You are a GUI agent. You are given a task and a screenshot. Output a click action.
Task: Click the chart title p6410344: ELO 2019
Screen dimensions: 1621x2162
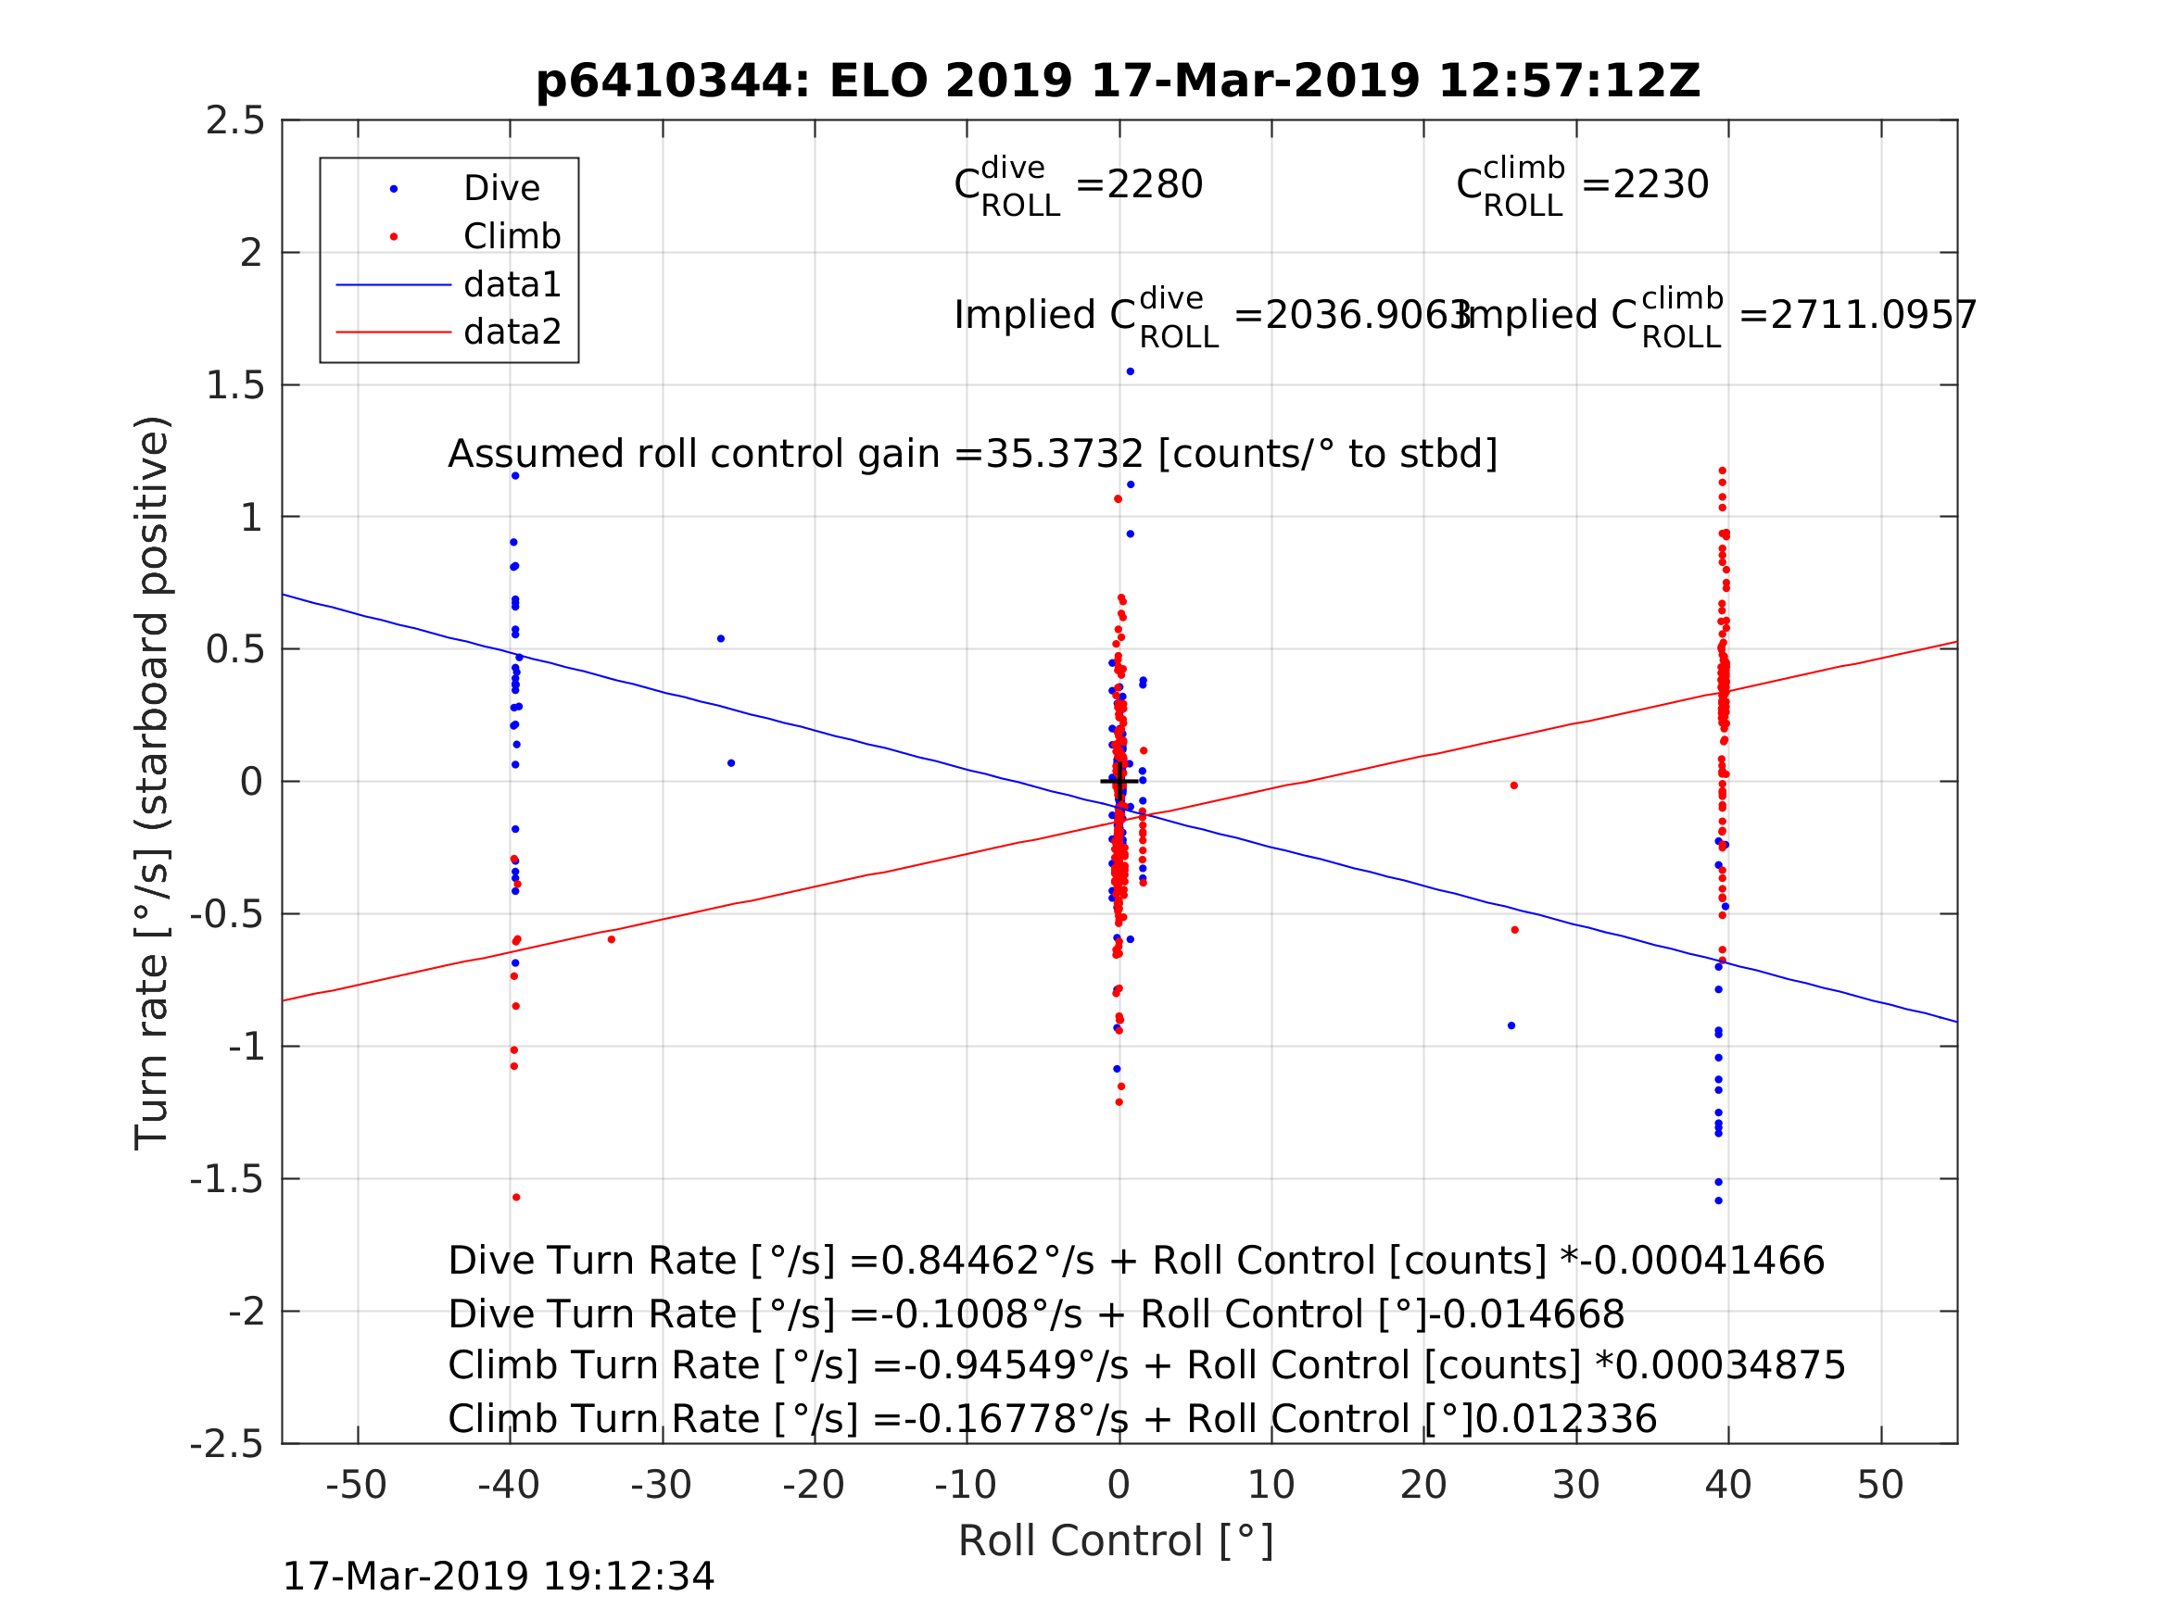(x=1119, y=82)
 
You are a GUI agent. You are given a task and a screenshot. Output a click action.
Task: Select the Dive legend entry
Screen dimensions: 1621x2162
(x=501, y=189)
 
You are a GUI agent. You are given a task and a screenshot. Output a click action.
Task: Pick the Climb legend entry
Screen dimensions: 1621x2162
(x=512, y=236)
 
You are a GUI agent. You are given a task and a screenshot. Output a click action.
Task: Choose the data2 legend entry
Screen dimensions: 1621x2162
(x=512, y=333)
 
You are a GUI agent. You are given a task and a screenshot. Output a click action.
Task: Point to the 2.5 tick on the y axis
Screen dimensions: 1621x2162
(x=235, y=121)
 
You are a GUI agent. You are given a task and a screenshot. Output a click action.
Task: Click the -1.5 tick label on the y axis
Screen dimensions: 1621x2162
(x=228, y=1179)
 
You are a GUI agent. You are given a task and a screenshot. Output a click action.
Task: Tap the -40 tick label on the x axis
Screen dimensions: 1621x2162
(x=508, y=1485)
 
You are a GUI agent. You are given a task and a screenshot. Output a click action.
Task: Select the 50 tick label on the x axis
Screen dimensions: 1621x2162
(x=1880, y=1485)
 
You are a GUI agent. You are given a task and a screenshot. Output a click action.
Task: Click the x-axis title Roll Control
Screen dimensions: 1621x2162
(x=1116, y=1541)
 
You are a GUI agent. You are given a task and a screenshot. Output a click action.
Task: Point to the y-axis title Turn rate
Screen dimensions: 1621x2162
(x=153, y=782)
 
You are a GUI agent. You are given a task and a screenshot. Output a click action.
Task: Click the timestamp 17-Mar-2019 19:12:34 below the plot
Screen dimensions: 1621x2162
(x=499, y=1576)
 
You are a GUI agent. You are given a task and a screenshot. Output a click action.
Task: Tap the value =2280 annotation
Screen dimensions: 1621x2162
(x=1139, y=184)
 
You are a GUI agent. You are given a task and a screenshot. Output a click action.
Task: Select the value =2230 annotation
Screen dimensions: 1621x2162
(x=1645, y=184)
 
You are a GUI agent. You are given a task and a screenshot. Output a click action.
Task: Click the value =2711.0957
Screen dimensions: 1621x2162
(x=1857, y=316)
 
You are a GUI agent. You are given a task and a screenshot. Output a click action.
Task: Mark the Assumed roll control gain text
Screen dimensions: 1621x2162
(x=972, y=455)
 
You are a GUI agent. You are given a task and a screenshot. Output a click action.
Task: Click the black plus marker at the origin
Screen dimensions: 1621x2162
(x=1119, y=781)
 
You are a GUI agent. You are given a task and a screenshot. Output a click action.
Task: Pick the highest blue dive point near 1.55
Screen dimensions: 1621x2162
(x=1130, y=371)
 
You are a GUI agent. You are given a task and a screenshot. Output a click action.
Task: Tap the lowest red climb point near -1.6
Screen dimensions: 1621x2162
(x=516, y=1197)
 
